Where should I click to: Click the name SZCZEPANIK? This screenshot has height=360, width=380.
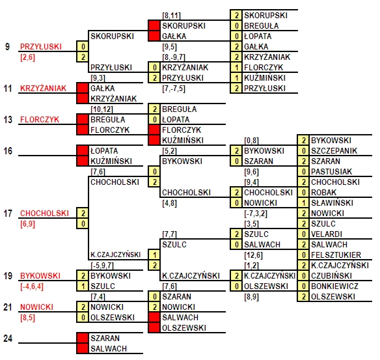tap(334, 151)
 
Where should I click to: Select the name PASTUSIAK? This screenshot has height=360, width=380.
tap(331, 172)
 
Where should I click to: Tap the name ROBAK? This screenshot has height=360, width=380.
tap(323, 193)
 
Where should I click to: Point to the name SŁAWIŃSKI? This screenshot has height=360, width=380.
tap(332, 202)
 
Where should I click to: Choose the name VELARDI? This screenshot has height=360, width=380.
tap(327, 234)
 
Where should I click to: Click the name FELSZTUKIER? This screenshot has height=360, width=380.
tap(336, 255)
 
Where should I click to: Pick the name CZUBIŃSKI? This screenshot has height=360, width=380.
tap(331, 275)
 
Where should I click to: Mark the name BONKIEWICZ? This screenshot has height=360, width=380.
tap(334, 286)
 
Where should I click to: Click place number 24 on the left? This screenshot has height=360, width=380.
tap(8, 338)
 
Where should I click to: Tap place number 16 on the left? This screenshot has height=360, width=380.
tap(8, 151)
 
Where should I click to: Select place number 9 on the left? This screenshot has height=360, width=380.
tap(8, 46)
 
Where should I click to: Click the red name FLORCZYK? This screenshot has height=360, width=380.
tap(40, 120)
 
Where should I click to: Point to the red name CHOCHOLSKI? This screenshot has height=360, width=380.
tap(44, 214)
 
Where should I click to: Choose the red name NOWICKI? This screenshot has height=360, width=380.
tap(36, 307)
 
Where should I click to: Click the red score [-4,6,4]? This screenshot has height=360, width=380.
tap(32, 286)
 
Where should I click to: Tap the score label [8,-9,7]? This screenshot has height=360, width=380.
tap(174, 57)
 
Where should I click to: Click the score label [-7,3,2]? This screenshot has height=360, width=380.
tap(256, 214)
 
